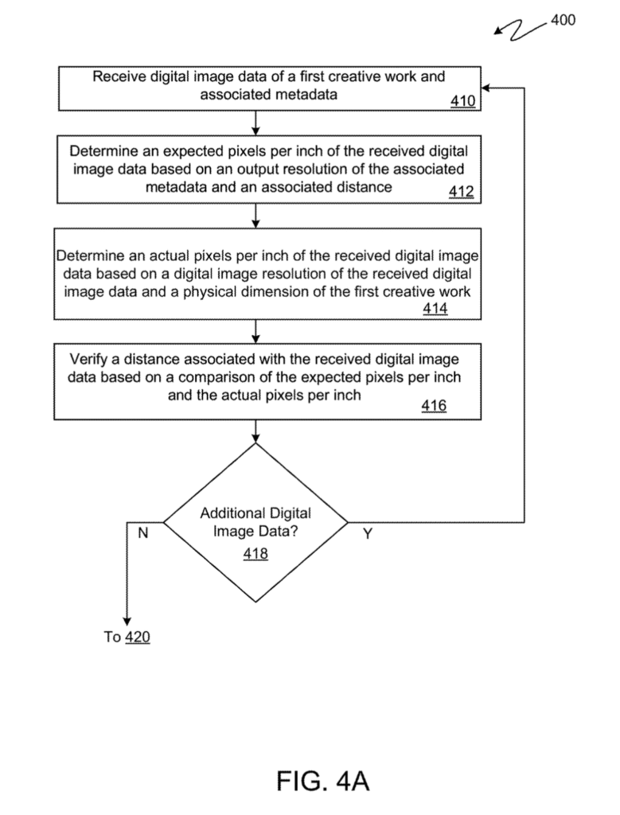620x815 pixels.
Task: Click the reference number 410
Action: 463,101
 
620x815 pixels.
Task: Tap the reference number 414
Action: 435,309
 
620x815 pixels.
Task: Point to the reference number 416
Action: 434,406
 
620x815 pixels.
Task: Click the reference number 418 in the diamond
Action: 255,554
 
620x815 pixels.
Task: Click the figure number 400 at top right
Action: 562,21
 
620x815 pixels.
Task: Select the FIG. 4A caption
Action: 322,781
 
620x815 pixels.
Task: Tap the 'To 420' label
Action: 127,637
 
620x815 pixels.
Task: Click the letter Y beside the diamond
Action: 367,535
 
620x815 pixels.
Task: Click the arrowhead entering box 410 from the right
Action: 487,88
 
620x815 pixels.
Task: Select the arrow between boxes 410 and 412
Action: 255,123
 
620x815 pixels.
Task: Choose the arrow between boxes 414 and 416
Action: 255,330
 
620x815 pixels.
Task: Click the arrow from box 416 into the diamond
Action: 255,431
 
